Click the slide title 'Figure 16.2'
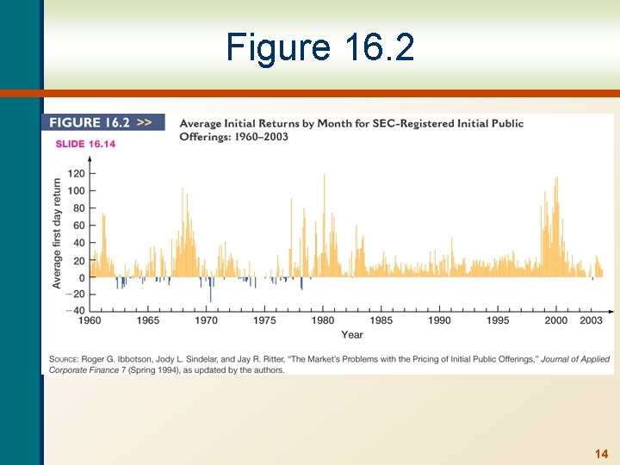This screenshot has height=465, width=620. pyautogui.click(x=319, y=47)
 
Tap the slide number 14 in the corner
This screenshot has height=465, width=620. pyautogui.click(x=601, y=454)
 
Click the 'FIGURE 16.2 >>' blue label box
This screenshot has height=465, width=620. pyautogui.click(x=102, y=123)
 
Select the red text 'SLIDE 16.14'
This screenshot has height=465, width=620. pyautogui.click(x=85, y=144)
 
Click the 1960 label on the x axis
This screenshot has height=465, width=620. pyautogui.click(x=90, y=321)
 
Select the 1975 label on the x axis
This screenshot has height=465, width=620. pyautogui.click(x=264, y=321)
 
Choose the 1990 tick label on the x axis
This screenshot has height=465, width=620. pyautogui.click(x=439, y=321)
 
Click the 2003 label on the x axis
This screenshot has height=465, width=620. pyautogui.click(x=591, y=321)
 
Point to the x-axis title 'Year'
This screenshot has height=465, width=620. pyautogui.click(x=351, y=335)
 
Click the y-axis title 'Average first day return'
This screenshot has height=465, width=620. pyautogui.click(x=58, y=233)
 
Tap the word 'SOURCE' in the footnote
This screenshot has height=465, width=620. pyautogui.click(x=64, y=359)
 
